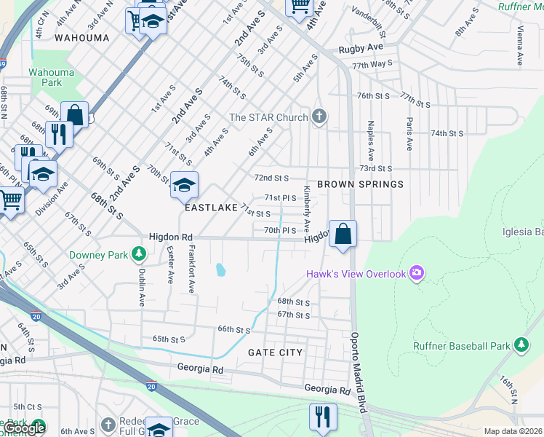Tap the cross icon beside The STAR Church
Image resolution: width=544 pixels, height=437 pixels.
pos(319,117)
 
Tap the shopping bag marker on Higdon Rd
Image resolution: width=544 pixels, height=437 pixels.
pos(343,234)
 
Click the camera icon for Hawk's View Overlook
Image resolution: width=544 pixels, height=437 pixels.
pos(417,273)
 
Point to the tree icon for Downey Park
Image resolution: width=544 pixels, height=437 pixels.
pos(137,255)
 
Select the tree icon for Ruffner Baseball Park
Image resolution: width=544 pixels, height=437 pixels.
pos(521,345)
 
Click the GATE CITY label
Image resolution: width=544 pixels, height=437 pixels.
pos(275,352)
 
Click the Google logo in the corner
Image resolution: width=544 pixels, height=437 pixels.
pos(23,428)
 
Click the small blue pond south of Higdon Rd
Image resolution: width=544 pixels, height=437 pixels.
pos(220,270)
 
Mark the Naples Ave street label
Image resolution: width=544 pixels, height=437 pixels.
pos(370,141)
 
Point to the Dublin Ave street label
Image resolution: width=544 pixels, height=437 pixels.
pos(142,268)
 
